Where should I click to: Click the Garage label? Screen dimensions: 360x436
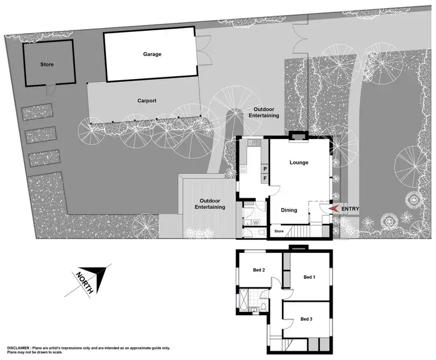(x=152, y=54)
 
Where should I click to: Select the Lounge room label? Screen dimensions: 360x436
(x=299, y=162)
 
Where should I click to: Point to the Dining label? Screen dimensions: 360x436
(x=289, y=210)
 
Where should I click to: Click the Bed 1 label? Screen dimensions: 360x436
(x=309, y=277)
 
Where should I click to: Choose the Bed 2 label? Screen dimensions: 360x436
(x=259, y=270)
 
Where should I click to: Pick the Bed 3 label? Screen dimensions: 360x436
(x=306, y=319)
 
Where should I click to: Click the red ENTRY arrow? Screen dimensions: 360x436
(x=334, y=209)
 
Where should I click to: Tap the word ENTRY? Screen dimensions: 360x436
(x=351, y=209)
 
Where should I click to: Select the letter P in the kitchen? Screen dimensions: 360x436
(x=265, y=168)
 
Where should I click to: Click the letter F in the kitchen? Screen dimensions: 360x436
(x=265, y=178)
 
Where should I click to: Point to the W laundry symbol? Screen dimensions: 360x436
(x=256, y=222)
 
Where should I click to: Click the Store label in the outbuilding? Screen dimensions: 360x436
(x=47, y=64)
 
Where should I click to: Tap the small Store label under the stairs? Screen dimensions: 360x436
(x=279, y=231)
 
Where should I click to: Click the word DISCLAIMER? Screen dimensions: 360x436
(x=22, y=348)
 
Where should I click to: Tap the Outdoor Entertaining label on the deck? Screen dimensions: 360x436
(x=210, y=203)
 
